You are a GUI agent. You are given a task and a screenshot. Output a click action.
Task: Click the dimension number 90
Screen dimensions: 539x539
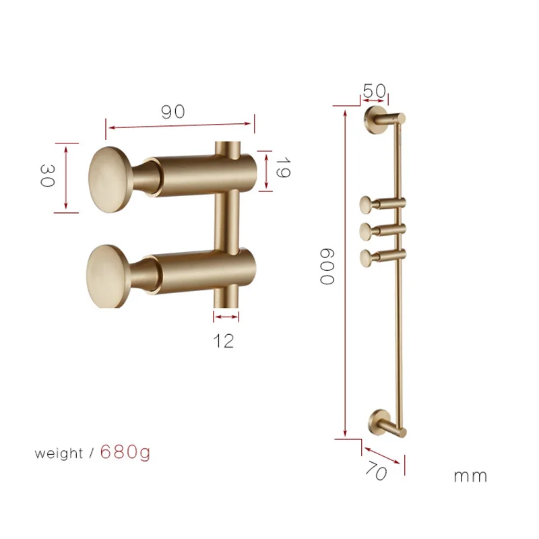[x=172, y=112]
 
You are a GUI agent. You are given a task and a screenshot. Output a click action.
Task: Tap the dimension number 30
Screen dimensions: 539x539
[x=46, y=177]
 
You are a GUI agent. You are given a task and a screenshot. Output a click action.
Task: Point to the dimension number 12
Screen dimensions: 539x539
[x=225, y=340]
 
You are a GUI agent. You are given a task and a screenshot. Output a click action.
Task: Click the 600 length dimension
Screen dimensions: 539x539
[x=327, y=266]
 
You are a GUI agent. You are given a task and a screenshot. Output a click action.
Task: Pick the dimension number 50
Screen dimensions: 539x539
[x=375, y=90]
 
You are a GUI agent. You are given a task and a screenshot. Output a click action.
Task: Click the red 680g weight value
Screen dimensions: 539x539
[x=125, y=452]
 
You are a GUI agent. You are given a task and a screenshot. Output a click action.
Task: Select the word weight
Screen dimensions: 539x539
[x=59, y=453]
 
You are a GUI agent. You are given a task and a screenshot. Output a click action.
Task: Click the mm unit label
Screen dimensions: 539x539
[x=470, y=476]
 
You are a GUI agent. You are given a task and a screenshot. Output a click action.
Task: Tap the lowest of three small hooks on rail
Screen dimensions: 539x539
[x=367, y=255]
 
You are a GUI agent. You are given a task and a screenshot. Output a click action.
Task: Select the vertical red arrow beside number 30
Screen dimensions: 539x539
[x=66, y=177]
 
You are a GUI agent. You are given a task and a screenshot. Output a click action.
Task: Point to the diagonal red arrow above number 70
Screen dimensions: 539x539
[x=383, y=450]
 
